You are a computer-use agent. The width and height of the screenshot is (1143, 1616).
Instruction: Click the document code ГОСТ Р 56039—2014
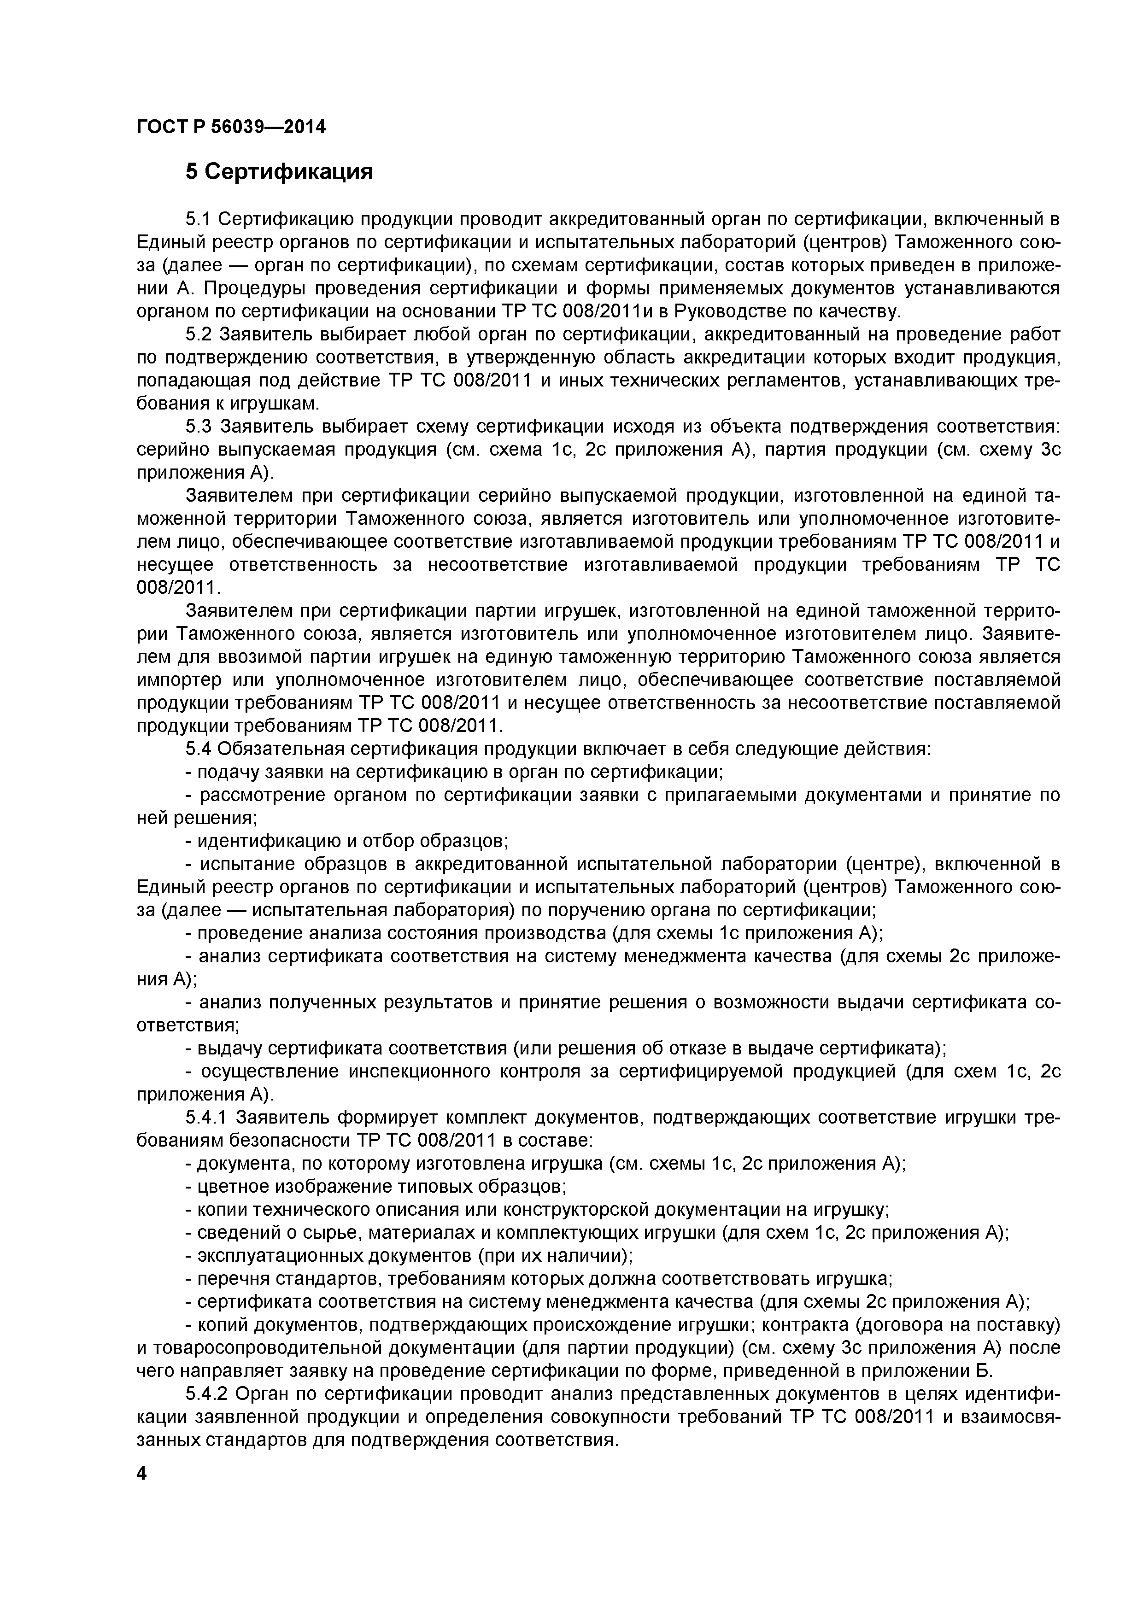coord(231,128)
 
